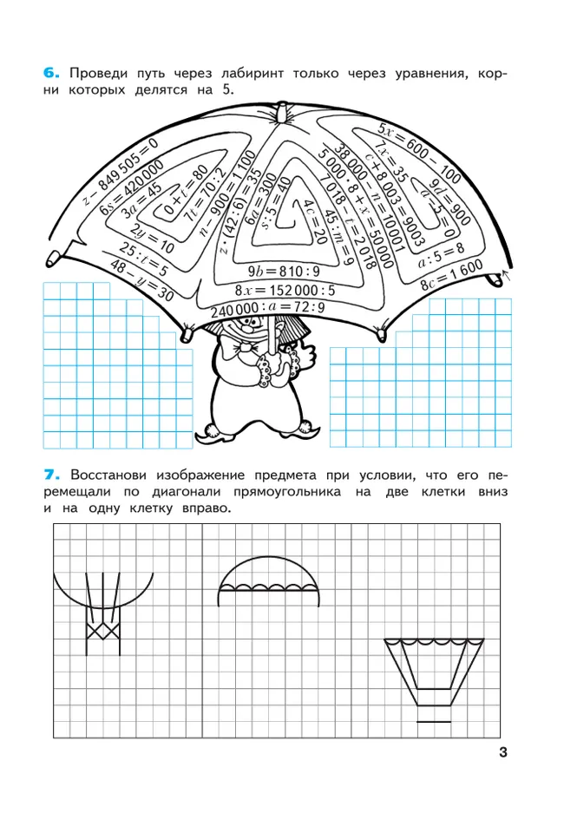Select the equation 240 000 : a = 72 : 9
coord(267,308)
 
